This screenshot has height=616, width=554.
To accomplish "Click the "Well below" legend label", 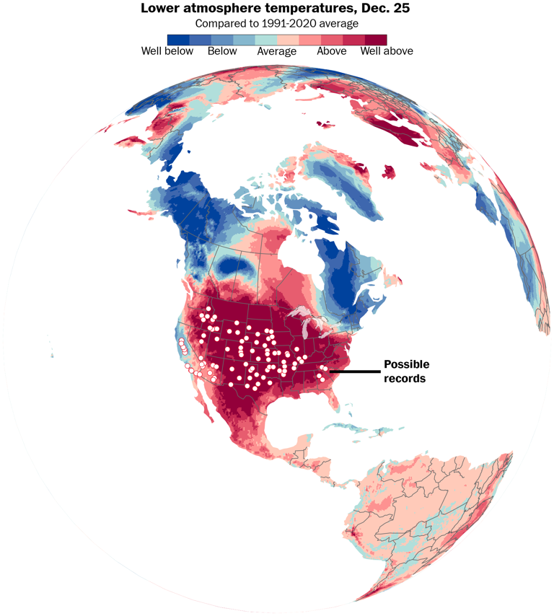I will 167,51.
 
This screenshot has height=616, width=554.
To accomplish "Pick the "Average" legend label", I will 277,51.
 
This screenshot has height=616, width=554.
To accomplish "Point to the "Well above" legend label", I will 386,51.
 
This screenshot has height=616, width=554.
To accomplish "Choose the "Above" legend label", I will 331,51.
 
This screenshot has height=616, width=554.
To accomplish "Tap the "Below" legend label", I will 221,51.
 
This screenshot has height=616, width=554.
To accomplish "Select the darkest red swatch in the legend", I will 375,40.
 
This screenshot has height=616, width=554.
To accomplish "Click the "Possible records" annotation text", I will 405,371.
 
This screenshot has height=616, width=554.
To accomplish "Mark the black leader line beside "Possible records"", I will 353,371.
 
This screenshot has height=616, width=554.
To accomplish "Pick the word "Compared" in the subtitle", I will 219,23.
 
